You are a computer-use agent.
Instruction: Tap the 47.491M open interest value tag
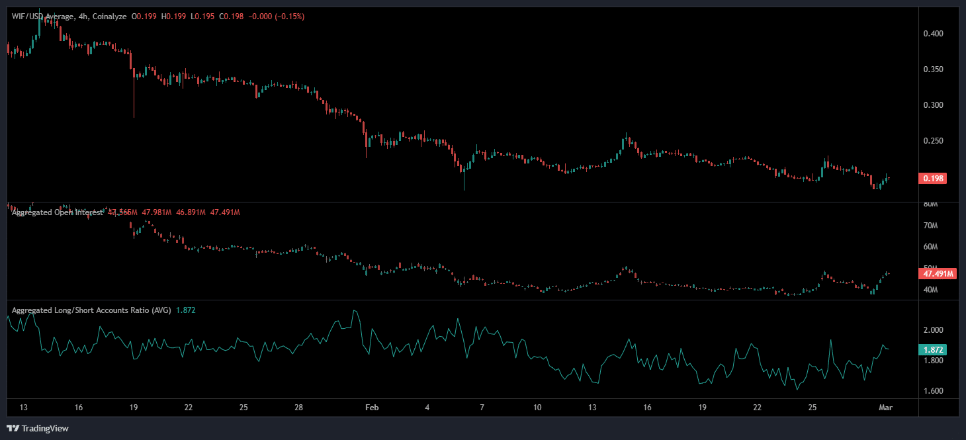tap(937, 274)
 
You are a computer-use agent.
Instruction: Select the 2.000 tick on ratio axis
tap(933, 330)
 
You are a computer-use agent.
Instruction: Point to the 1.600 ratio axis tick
tap(933, 391)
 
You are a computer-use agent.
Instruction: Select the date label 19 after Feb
tap(702, 408)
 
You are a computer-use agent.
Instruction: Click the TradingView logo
tap(37, 428)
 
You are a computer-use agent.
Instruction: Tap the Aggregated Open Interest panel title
tap(57, 212)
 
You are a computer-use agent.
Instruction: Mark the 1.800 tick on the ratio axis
tap(933, 361)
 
